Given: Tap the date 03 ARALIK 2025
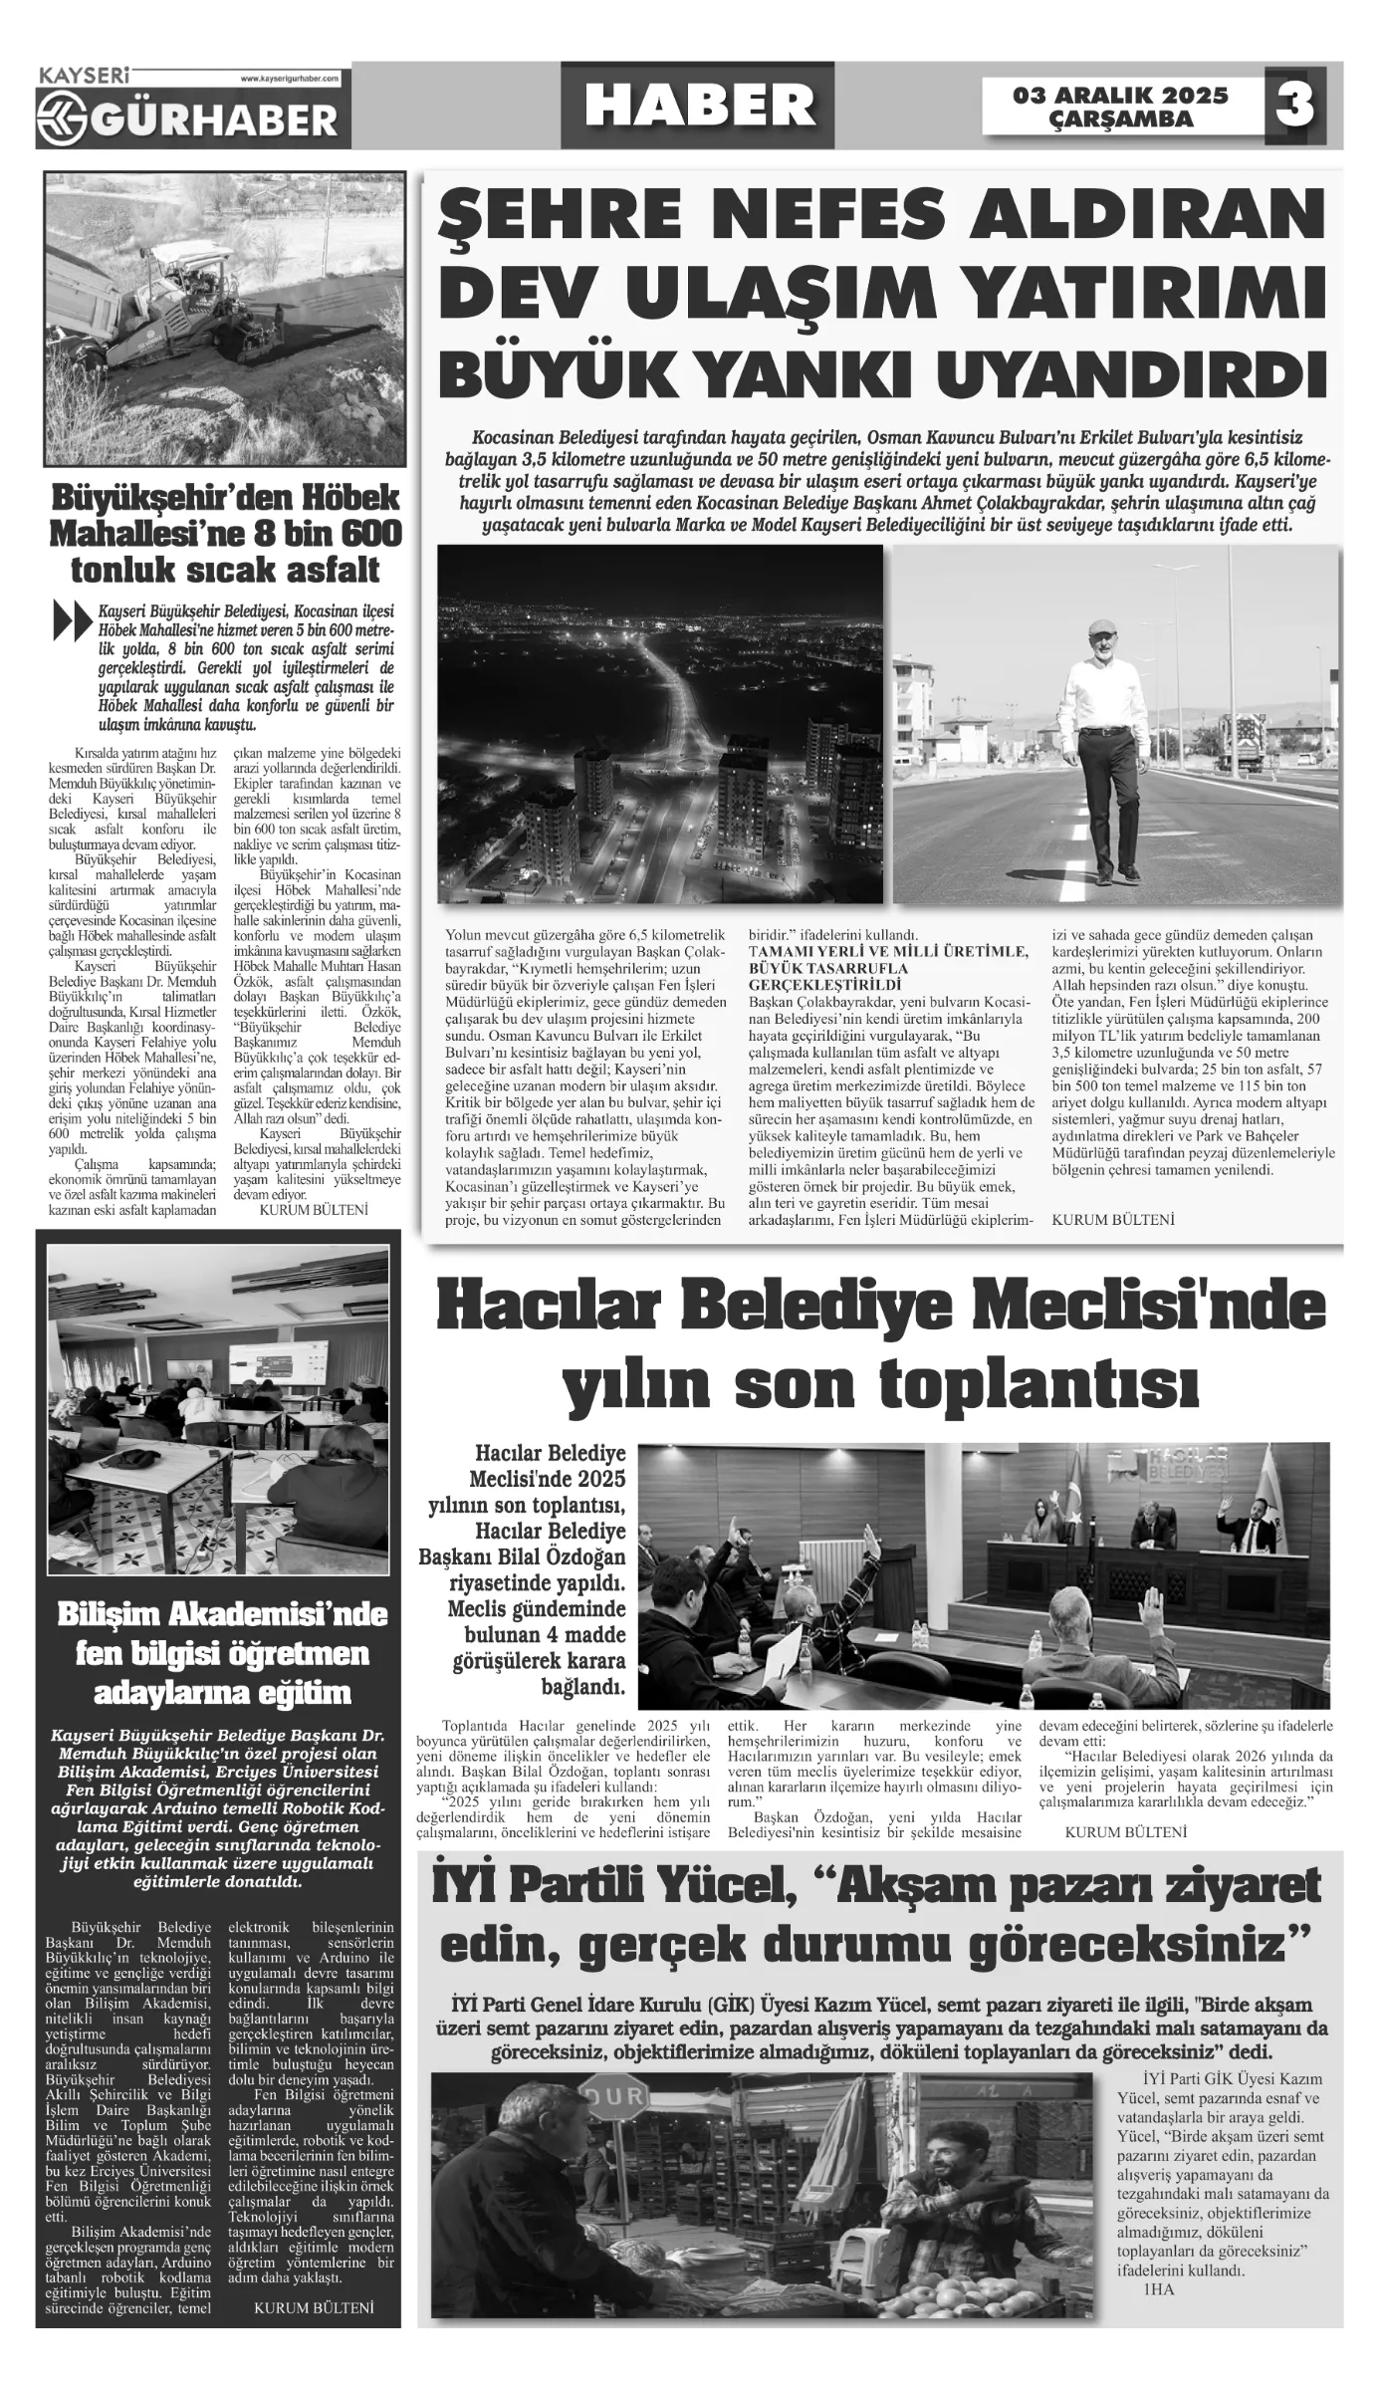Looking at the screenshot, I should (x=1120, y=96).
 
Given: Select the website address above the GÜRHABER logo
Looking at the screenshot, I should (x=290, y=78).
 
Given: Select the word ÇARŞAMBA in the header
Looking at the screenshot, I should (x=1120, y=119).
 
